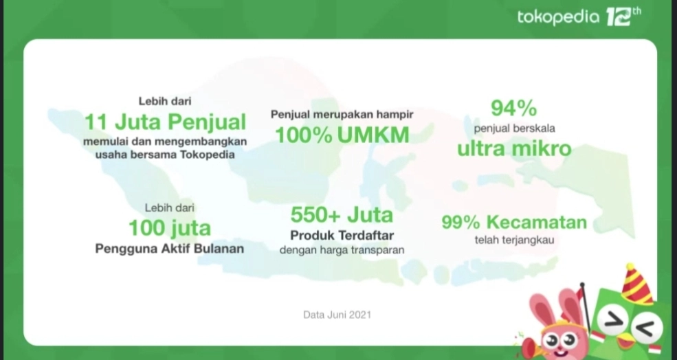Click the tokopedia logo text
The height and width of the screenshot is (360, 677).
(x=558, y=17)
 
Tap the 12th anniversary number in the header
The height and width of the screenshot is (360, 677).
(x=623, y=16)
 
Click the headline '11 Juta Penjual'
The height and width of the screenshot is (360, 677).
(x=166, y=122)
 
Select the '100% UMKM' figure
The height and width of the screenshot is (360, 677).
(x=342, y=135)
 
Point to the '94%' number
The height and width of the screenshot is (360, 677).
(x=514, y=109)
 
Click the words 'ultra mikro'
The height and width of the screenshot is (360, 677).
(x=514, y=148)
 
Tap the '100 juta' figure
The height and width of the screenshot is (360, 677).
(x=170, y=228)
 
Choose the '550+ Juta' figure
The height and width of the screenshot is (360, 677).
(x=342, y=214)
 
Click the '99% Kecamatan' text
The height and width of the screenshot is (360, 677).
(x=514, y=223)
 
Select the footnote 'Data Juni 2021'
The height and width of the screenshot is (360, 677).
(x=337, y=315)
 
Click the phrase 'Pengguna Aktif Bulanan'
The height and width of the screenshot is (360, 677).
(x=170, y=249)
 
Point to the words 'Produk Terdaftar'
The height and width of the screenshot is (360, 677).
(x=342, y=236)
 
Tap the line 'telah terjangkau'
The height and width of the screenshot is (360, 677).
(x=514, y=240)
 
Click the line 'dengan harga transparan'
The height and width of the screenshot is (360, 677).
(x=342, y=250)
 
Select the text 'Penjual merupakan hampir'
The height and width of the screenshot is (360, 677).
(x=342, y=114)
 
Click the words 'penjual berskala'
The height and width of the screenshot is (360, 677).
(x=514, y=128)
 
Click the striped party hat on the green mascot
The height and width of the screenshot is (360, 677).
(x=636, y=284)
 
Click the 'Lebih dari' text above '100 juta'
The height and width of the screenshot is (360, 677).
(x=169, y=207)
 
